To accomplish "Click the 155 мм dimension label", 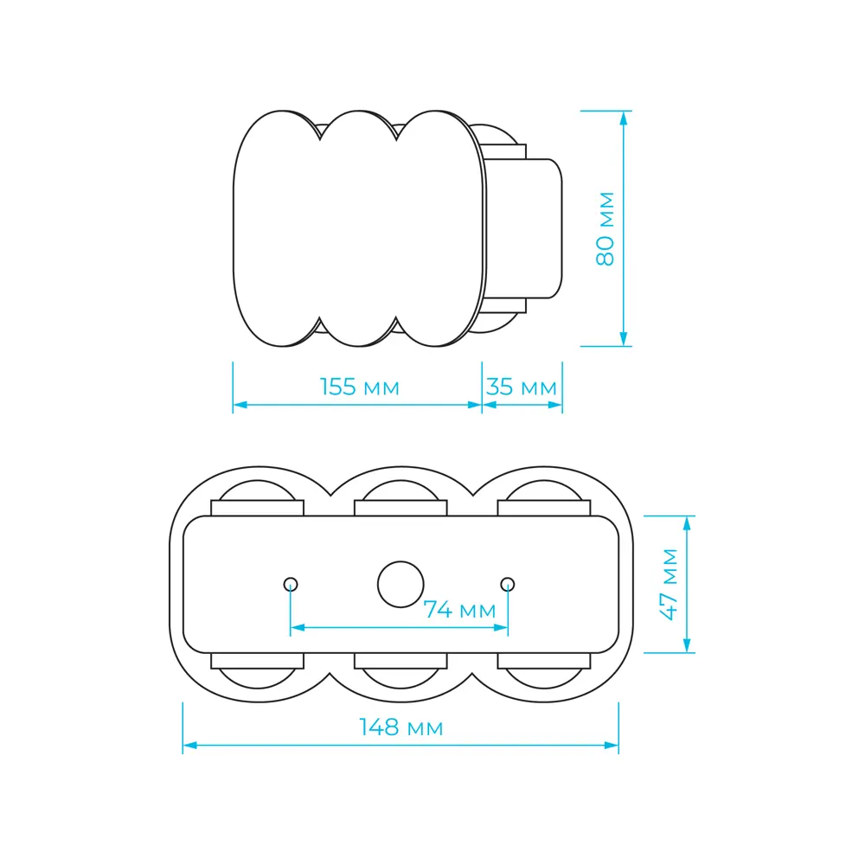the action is pyautogui.click(x=360, y=387).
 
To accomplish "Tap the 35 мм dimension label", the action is pyautogui.click(x=522, y=387).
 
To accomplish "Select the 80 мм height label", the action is pyautogui.click(x=605, y=229).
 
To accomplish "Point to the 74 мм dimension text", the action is pyautogui.click(x=459, y=610).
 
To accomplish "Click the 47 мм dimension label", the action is pyautogui.click(x=670, y=584).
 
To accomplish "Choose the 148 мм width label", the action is pyautogui.click(x=401, y=727).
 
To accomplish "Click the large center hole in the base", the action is pyautogui.click(x=401, y=584).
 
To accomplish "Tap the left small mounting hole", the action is pyautogui.click(x=291, y=584).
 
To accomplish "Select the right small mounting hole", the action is pyautogui.click(x=508, y=584).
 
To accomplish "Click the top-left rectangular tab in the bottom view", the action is pyautogui.click(x=257, y=508).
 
